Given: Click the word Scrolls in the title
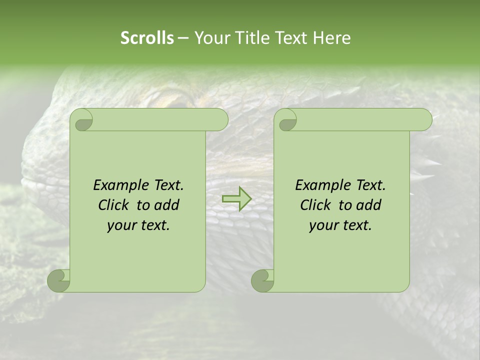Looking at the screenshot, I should tap(147, 38).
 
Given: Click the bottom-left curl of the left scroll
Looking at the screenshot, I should tap(58, 280).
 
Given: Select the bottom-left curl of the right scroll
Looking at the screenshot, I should tap(262, 280).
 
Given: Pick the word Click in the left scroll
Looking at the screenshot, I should tap(113, 205).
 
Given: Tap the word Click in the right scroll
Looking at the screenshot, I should tap(315, 205).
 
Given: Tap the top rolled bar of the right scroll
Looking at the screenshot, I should tap(360, 120).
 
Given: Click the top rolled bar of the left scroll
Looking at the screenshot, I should tap(157, 120).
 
